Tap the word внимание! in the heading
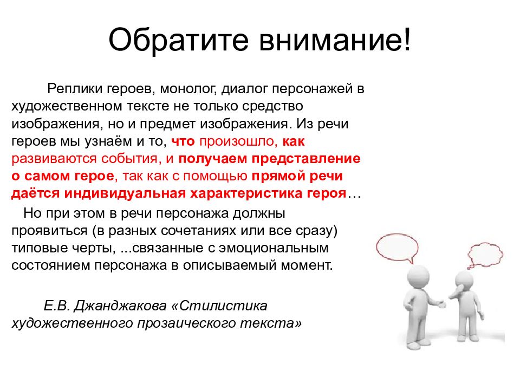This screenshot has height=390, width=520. (335, 40)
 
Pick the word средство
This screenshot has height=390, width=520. (272, 107)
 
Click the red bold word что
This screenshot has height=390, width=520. (183, 141)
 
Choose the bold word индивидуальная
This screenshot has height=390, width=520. (125, 193)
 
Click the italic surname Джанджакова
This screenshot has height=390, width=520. (120, 305)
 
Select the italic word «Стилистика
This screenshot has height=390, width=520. (219, 305)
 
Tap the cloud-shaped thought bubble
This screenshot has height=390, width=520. (485, 255)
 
